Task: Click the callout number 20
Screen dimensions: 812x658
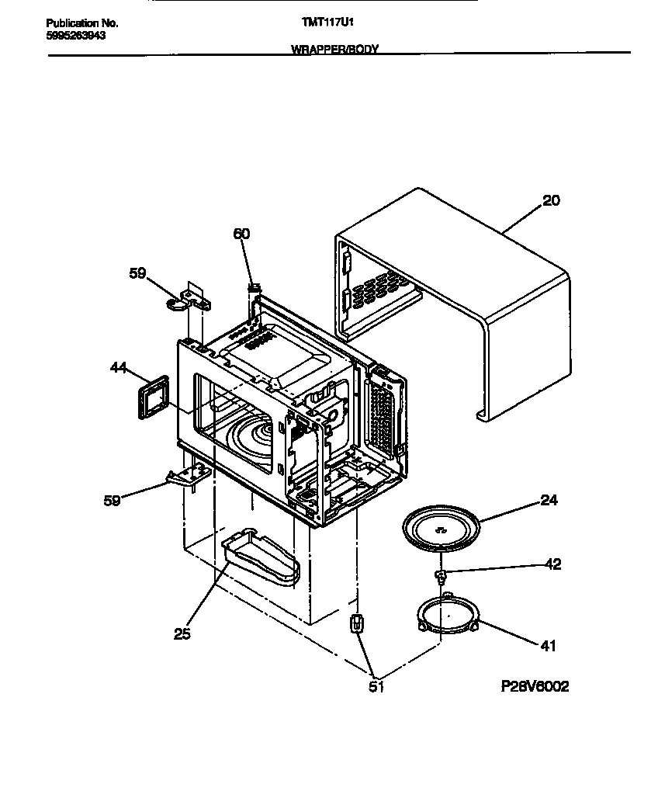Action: [550, 201]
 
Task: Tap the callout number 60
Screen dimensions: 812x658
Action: [241, 233]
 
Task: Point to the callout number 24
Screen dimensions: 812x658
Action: [549, 501]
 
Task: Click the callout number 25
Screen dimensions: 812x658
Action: [182, 633]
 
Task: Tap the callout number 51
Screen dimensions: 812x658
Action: [376, 685]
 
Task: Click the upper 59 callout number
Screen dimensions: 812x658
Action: [137, 273]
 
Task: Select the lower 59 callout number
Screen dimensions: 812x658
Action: [112, 501]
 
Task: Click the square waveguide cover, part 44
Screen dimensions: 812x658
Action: [151, 397]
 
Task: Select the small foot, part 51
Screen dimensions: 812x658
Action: [357, 623]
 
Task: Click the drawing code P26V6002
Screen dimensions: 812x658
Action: [535, 687]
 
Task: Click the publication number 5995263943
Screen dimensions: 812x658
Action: [76, 36]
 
